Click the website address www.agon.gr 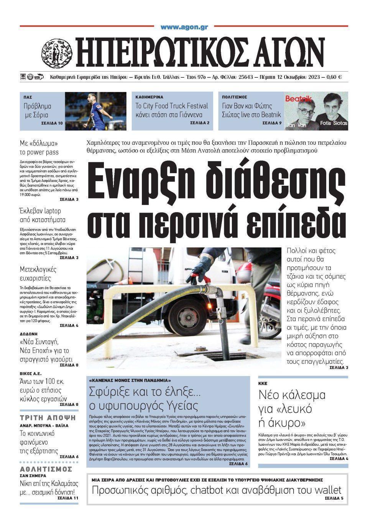click(184, 28)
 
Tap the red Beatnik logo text click(298, 99)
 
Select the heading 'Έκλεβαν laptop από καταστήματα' click(43, 215)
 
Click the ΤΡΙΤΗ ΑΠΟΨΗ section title click(48, 418)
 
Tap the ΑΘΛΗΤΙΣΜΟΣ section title click(46, 469)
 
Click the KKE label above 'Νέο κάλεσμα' click(263, 383)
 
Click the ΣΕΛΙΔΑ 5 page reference click(334, 499)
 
